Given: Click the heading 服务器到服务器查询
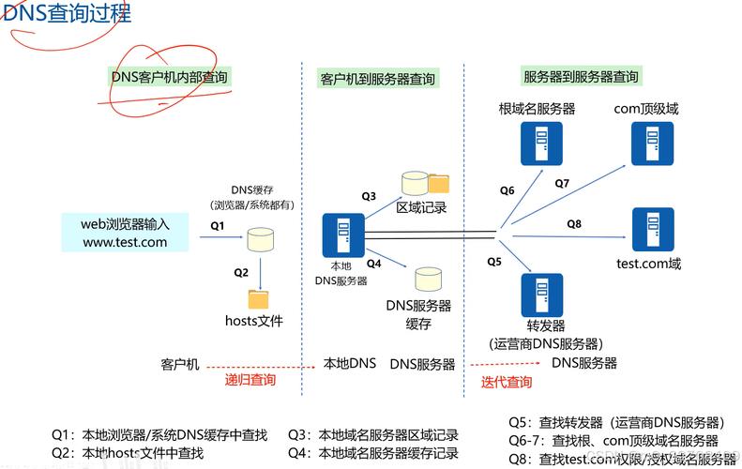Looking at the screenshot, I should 580,77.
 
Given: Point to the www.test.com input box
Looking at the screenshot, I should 125,233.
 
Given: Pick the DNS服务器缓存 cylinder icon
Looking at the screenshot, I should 428,280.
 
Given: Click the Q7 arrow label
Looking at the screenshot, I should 562,183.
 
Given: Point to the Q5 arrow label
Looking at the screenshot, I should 494,261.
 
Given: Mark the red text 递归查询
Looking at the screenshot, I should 250,380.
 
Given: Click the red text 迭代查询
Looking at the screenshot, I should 507,382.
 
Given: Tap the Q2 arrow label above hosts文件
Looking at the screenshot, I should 241,272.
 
